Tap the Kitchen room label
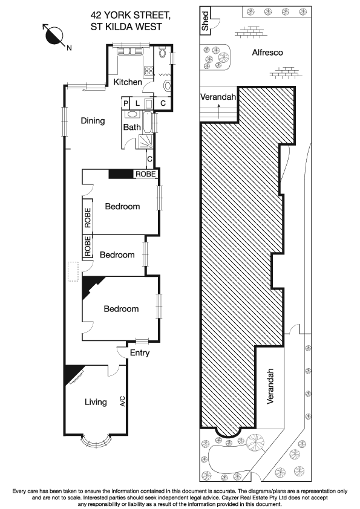click(x=128, y=82)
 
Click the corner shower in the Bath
click(x=146, y=141)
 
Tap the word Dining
click(x=93, y=121)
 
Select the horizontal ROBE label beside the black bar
click(x=145, y=174)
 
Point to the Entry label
click(x=138, y=353)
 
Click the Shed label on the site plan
click(x=206, y=22)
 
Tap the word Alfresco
click(x=267, y=53)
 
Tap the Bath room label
click(x=132, y=128)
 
